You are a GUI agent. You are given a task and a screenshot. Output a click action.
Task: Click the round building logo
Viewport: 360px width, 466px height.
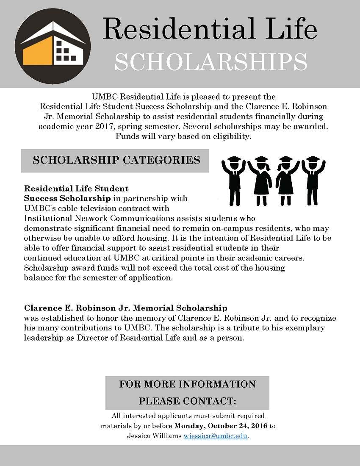[53, 46]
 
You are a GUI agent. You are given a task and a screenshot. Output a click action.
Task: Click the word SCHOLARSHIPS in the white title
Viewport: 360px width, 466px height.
[210, 62]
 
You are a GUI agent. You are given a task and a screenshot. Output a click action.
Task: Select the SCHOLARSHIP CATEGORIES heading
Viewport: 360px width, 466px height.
[116, 160]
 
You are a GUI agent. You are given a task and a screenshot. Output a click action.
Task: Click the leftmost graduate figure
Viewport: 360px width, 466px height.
[234, 180]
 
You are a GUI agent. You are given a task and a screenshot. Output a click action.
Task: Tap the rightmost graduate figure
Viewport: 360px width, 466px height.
[312, 180]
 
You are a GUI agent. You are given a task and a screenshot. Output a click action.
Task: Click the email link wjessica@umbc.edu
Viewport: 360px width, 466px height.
[215, 436]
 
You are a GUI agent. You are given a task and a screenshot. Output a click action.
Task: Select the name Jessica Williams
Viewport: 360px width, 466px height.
[154, 436]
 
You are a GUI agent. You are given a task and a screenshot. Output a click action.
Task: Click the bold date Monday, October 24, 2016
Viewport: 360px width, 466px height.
[221, 426]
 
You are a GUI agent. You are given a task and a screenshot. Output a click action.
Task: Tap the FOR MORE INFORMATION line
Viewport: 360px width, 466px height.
[187, 384]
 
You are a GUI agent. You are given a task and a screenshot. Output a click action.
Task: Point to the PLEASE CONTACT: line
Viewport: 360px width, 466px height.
[187, 401]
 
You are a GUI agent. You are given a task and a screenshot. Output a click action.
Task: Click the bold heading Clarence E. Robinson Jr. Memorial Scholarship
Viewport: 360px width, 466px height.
[125, 308]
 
